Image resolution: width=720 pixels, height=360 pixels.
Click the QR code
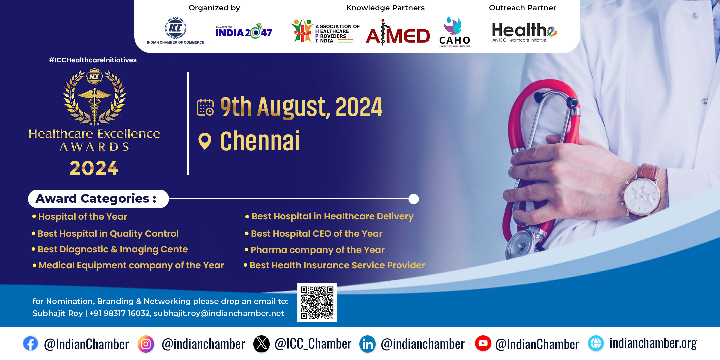tap(317, 303)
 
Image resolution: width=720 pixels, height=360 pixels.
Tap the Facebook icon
tap(30, 344)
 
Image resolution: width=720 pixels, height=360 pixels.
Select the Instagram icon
tap(146, 344)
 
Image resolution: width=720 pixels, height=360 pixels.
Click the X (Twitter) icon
tap(262, 344)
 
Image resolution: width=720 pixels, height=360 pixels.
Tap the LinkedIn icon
tap(368, 344)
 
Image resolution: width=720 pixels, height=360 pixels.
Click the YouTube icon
tap(483, 344)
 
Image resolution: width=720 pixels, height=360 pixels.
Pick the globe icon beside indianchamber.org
tap(596, 344)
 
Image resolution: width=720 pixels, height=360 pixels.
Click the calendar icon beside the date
tap(205, 107)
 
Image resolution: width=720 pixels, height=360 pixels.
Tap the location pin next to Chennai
tap(205, 141)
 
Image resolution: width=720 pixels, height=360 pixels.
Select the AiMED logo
tap(398, 33)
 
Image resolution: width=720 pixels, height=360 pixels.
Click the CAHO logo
tap(455, 32)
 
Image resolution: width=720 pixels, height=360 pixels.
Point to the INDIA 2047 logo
tap(244, 32)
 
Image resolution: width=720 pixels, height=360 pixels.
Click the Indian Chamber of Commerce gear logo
tap(176, 28)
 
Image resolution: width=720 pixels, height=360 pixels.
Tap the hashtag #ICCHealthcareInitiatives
tap(93, 60)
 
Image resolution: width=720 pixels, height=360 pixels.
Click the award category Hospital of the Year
tap(83, 217)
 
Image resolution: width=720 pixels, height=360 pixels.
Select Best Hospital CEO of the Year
tap(317, 234)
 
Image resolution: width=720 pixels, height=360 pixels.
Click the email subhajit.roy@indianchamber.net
tap(219, 313)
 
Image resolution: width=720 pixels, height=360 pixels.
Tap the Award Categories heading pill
tap(98, 199)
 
